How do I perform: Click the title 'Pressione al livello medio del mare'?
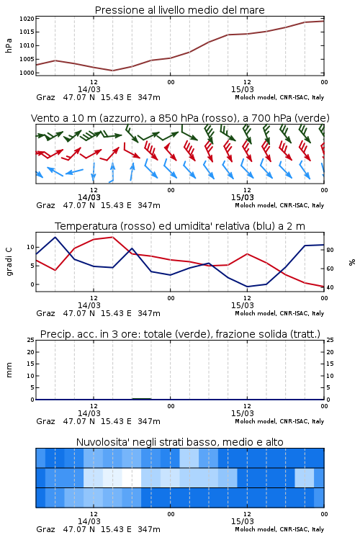(x=179, y=10)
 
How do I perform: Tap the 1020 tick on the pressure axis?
(x=27, y=19)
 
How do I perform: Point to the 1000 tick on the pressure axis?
(x=27, y=73)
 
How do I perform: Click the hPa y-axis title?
(x=9, y=45)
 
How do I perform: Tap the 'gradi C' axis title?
(x=9, y=262)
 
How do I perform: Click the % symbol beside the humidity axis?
(x=352, y=262)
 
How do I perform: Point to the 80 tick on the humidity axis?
(x=330, y=250)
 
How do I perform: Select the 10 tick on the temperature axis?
(x=30, y=247)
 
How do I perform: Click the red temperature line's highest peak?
(x=112, y=237)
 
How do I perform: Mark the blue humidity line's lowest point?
(x=247, y=287)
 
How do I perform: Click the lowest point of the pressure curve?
(x=112, y=71)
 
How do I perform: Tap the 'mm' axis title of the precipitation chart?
(x=9, y=370)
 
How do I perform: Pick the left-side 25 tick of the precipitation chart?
(x=31, y=340)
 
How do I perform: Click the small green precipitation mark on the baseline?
(x=142, y=399)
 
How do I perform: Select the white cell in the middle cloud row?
(x=132, y=477)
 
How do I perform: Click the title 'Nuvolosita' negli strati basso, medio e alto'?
(x=179, y=442)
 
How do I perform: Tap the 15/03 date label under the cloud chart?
(x=243, y=521)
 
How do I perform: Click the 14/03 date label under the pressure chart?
(x=89, y=89)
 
